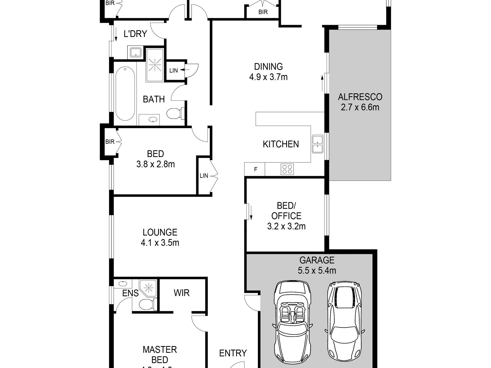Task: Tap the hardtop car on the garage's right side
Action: tap(344, 320)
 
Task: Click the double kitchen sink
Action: tap(317, 144)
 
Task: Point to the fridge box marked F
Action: tap(255, 169)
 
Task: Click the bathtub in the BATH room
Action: tap(125, 93)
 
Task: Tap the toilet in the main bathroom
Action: tap(175, 113)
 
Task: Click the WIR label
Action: tap(182, 293)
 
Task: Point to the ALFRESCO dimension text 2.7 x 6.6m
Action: tap(360, 107)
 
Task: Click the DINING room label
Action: tap(268, 67)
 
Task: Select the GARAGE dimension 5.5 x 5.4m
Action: tap(317, 270)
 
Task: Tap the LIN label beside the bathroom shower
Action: tap(173, 70)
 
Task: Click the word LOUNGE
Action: tap(160, 232)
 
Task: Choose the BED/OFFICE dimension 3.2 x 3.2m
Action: tap(286, 226)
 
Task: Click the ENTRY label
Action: tap(233, 353)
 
